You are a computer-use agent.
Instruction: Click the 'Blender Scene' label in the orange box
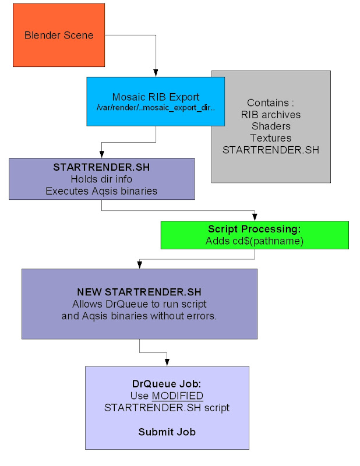tap(59, 36)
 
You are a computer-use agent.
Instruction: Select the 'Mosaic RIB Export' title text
tap(156, 97)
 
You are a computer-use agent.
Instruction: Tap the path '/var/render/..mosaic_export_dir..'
tap(156, 108)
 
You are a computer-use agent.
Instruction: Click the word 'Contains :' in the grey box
tap(270, 103)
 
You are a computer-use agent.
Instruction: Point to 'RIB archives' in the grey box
tap(271, 114)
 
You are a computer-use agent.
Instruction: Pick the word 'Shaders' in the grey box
tap(271, 126)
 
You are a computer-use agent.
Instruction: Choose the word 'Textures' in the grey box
tap(271, 138)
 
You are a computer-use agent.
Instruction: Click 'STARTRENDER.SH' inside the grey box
tap(271, 150)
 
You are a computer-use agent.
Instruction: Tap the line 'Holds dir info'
tap(101, 179)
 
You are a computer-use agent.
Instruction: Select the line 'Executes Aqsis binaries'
tap(101, 190)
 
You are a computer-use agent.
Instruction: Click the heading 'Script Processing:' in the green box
tap(254, 229)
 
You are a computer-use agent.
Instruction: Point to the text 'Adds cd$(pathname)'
tap(254, 241)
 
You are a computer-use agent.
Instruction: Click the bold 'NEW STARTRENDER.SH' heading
tap(139, 292)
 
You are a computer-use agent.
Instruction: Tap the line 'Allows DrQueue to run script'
tap(139, 304)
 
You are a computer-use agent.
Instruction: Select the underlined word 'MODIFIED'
tap(178, 396)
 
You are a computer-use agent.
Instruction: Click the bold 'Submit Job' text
tap(167, 432)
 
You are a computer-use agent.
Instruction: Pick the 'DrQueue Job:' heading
tap(167, 384)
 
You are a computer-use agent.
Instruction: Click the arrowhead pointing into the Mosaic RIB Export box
tap(156, 74)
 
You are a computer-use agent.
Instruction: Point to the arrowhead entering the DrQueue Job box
tap(167, 363)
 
